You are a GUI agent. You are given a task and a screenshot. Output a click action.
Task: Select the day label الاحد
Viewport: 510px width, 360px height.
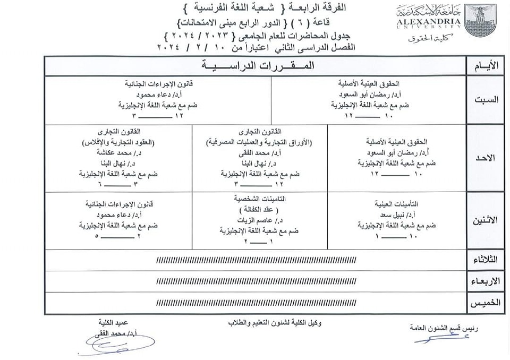[486, 158]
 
